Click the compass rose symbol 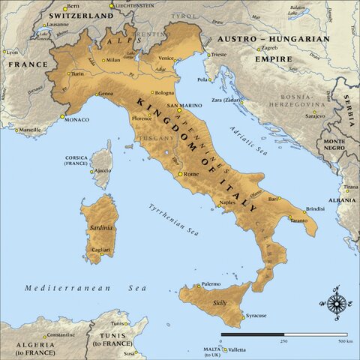click(337, 302)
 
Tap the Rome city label click(190, 175)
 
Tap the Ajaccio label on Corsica click(102, 170)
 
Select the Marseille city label click(29, 130)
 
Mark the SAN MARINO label click(181, 106)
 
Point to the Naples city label click(228, 202)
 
